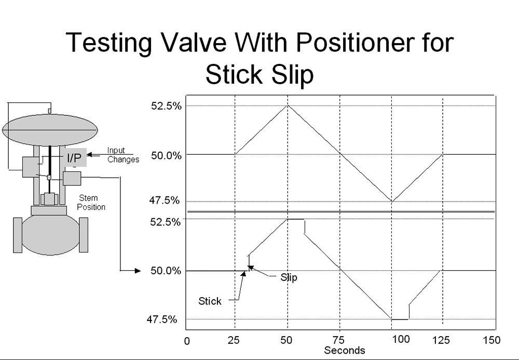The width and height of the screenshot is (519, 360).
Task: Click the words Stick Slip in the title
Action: [259, 74]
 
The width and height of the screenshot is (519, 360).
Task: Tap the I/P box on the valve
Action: [74, 157]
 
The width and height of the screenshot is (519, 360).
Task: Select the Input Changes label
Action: [123, 155]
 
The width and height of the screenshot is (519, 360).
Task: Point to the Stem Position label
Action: [91, 203]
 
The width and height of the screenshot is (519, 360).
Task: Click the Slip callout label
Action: [289, 277]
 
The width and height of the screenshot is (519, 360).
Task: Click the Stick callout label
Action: [210, 301]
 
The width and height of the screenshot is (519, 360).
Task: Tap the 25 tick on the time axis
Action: [234, 340]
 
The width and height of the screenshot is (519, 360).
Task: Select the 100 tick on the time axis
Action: [401, 339]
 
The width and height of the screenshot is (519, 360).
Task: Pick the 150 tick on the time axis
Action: [491, 340]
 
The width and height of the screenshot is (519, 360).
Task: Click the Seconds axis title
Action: [345, 350]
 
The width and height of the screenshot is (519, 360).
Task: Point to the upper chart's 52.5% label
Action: [167, 106]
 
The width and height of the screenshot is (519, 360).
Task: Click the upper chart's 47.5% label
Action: [165, 201]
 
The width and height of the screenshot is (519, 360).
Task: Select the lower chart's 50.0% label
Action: [166, 271]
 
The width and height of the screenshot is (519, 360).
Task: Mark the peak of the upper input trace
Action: [288, 105]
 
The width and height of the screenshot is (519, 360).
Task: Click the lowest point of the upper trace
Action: [392, 202]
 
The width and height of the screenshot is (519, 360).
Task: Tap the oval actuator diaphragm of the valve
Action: [50, 130]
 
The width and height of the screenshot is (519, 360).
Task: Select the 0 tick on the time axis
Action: [187, 341]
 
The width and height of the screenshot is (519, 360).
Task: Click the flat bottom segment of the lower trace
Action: [400, 319]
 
